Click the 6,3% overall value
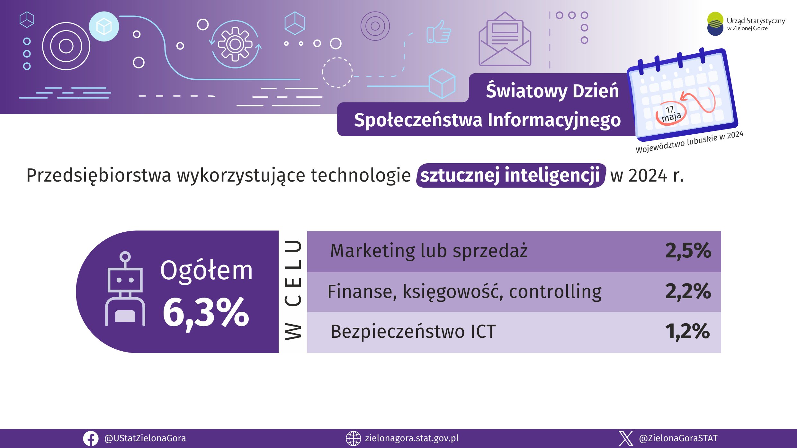[x=206, y=313]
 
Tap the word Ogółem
[x=206, y=271]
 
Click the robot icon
[x=125, y=289]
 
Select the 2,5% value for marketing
[x=688, y=251]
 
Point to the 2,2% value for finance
[x=688, y=291]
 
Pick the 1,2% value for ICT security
[x=687, y=331]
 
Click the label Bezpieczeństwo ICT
[x=413, y=332]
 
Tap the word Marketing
[x=373, y=251]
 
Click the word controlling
[x=555, y=292]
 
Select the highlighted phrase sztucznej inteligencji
[x=510, y=175]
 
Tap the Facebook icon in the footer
[x=91, y=439]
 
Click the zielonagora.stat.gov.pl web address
[x=412, y=438]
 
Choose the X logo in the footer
[x=626, y=439]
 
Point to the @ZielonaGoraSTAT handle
[x=678, y=438]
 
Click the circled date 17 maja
[x=671, y=114]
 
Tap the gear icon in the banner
[x=235, y=44]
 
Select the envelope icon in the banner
[x=505, y=39]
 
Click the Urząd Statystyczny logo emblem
[x=715, y=24]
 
